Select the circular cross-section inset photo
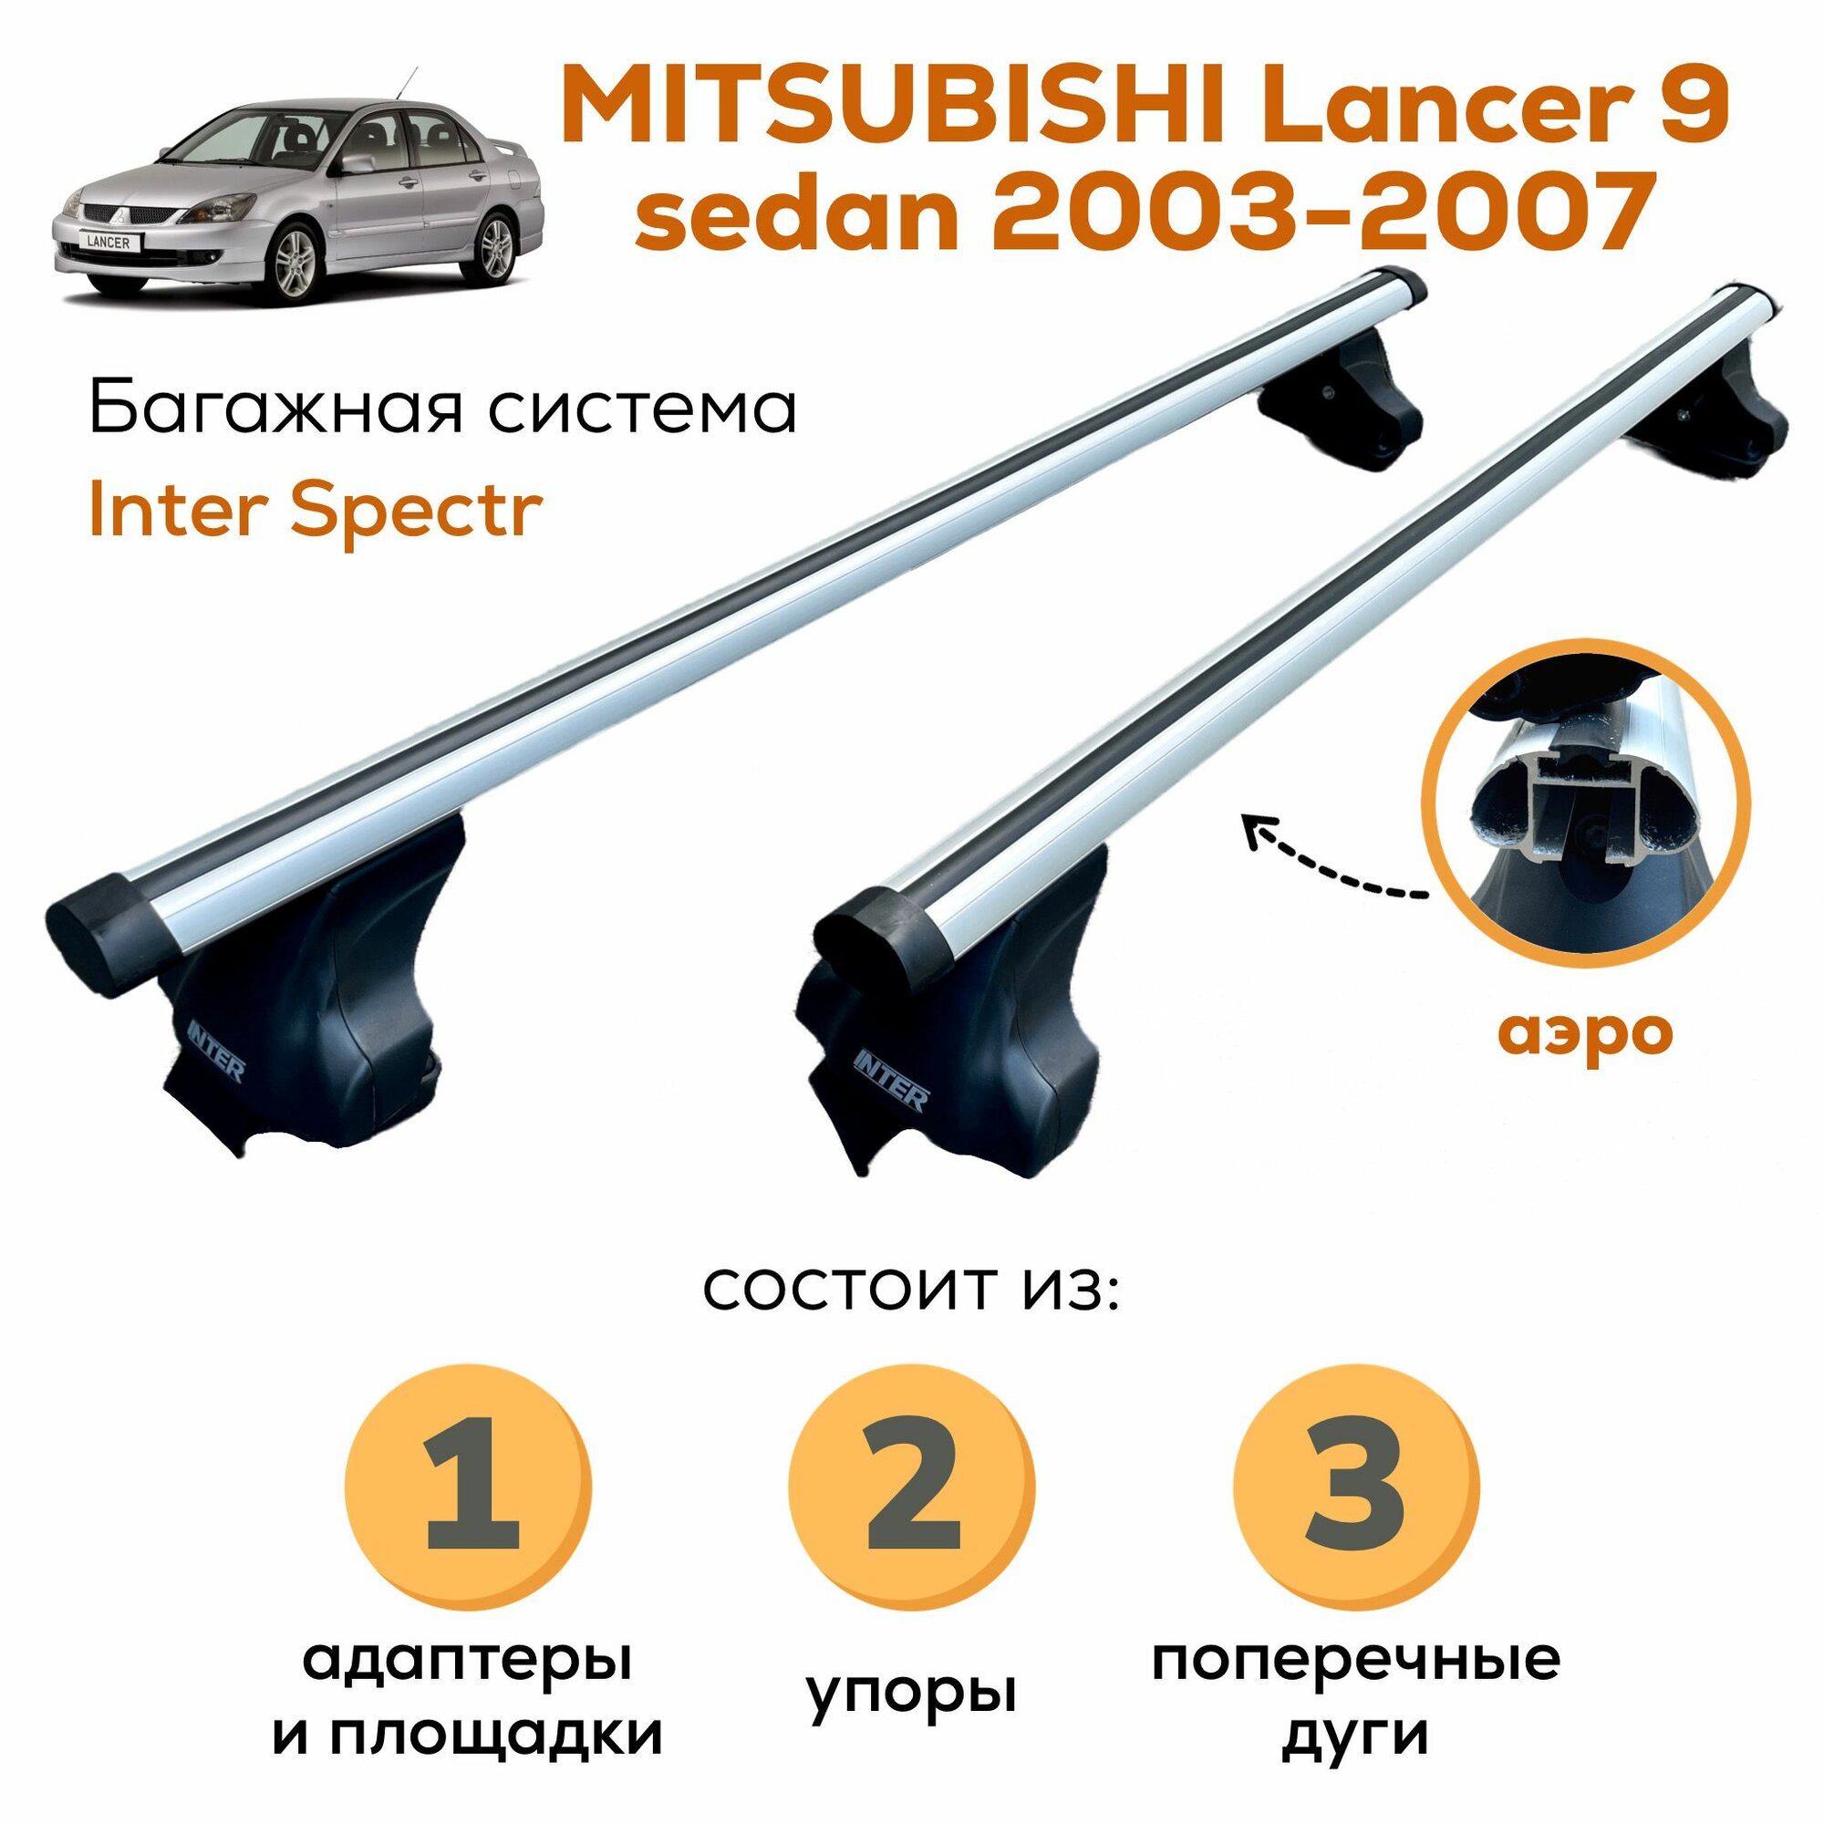(x=1586, y=795)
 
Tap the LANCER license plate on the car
(x=108, y=243)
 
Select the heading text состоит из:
(x=910, y=1290)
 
